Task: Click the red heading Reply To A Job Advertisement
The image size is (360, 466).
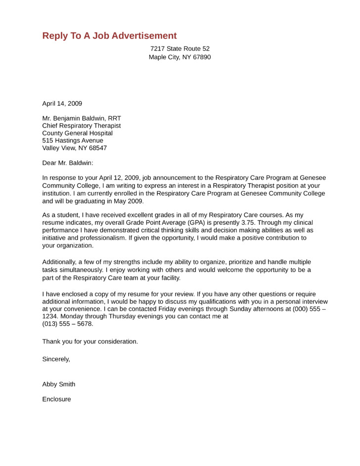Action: (109, 36)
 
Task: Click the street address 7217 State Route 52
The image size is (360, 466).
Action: (180, 48)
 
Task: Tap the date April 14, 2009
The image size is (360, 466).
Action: (62, 103)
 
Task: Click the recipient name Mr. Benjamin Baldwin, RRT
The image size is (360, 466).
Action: (82, 118)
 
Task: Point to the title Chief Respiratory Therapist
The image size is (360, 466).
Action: (82, 126)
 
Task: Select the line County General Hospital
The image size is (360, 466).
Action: (77, 133)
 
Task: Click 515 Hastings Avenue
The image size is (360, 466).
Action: (73, 140)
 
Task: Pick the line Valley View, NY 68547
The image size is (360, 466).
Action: (74, 148)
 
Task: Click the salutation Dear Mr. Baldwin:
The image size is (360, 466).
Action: (67, 163)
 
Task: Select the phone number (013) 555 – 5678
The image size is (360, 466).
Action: (68, 324)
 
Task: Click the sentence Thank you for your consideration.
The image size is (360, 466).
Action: (90, 341)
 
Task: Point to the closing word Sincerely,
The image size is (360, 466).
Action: (56, 359)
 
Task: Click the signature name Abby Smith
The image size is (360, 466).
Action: (59, 384)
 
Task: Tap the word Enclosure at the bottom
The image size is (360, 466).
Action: (56, 399)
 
